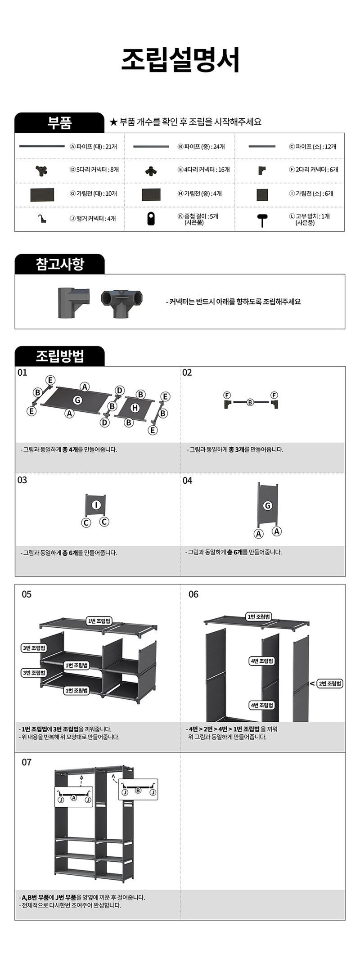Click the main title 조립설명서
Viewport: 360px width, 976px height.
[x=180, y=60]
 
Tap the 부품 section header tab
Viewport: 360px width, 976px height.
[x=59, y=122]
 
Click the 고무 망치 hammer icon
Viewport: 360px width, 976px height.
[x=262, y=220]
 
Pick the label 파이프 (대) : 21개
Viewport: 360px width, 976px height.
[x=94, y=146]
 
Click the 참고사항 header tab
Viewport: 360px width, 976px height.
[x=59, y=264]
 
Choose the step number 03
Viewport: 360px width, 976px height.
[x=22, y=480]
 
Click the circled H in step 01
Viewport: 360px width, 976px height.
[x=135, y=408]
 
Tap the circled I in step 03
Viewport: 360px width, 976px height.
[x=96, y=504]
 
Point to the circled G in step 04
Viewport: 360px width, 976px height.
[x=268, y=505]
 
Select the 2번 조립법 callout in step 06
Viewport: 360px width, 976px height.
[x=330, y=683]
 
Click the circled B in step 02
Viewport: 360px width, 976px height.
[x=250, y=402]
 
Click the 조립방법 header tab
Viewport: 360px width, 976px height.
[x=59, y=356]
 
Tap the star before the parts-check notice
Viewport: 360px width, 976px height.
[x=114, y=121]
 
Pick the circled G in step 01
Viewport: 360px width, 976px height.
[x=78, y=400]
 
